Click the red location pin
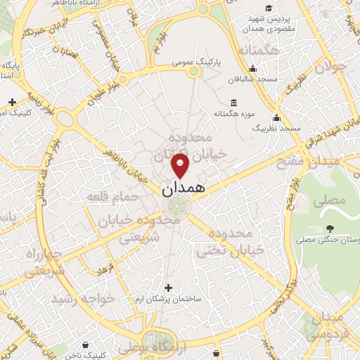tap(181, 166)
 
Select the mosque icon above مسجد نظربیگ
tap(276, 117)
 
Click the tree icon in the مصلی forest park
tap(330, 228)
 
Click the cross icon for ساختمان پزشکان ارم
tap(167, 287)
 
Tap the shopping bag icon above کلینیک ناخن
tap(85, 345)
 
